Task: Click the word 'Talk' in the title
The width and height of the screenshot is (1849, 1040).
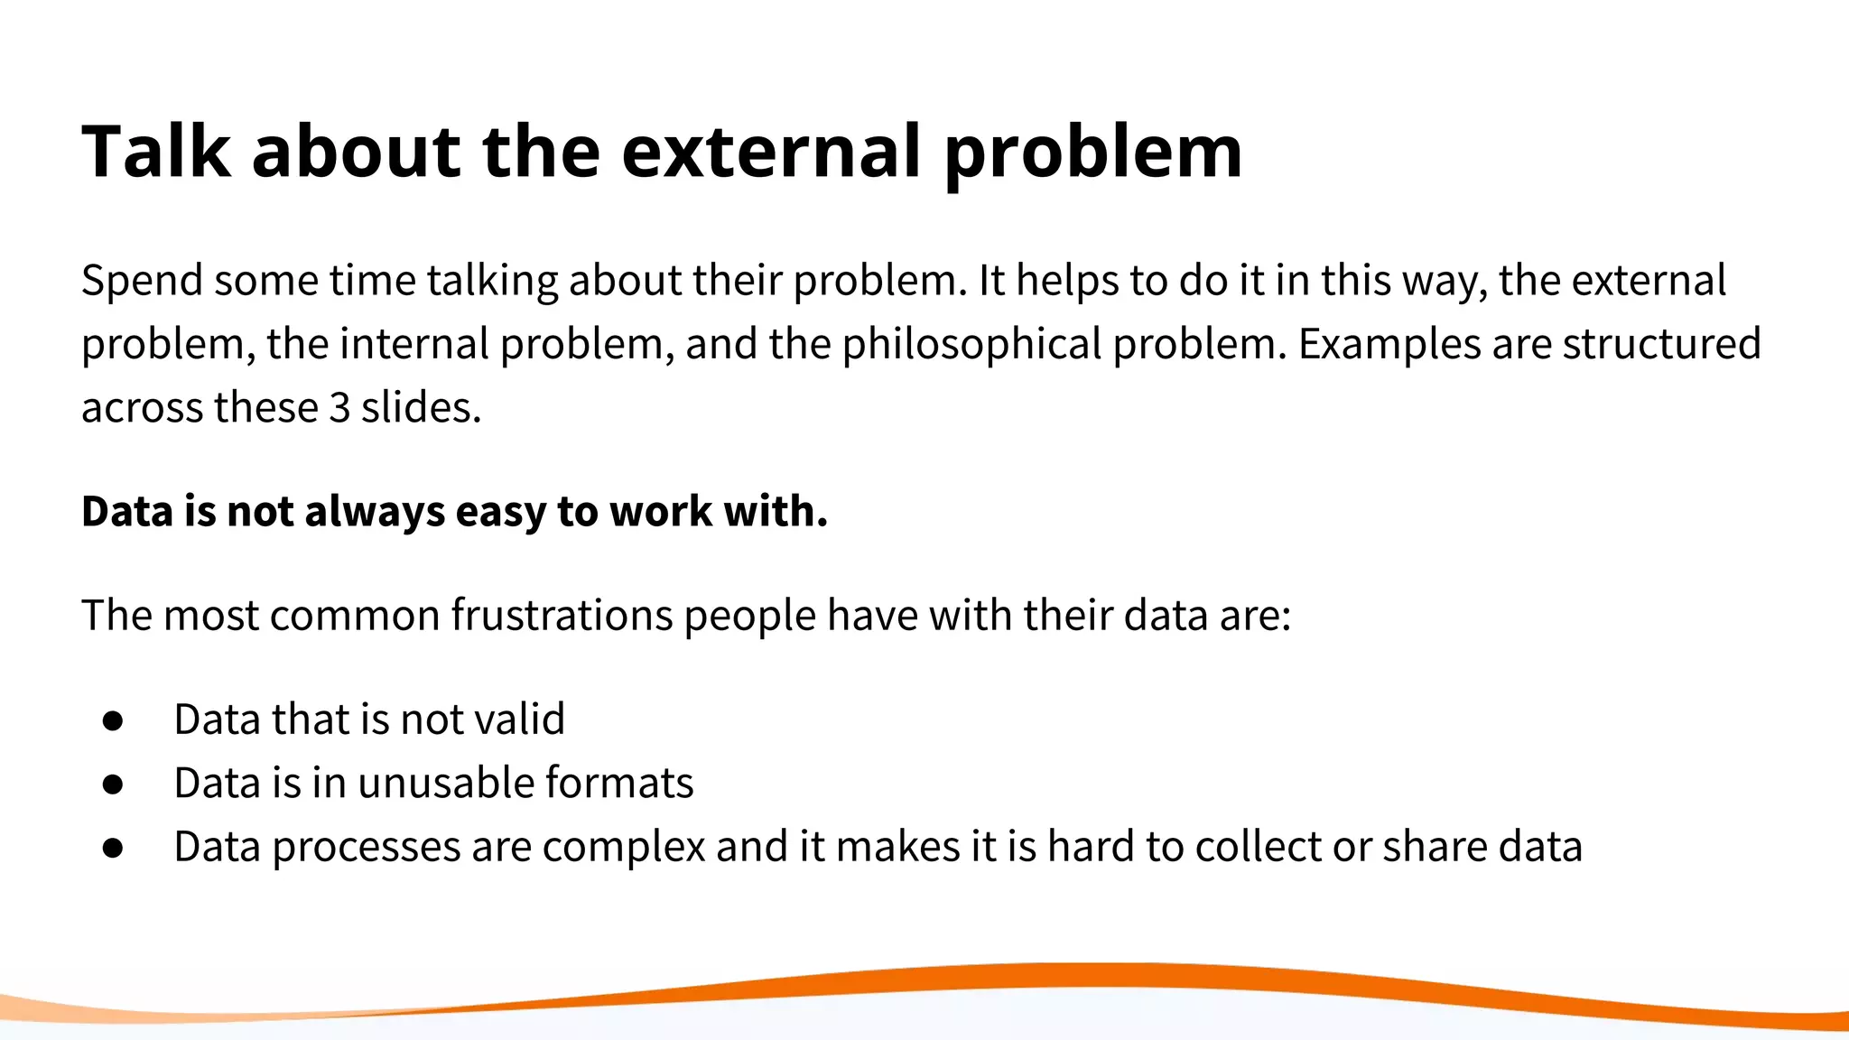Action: pos(155,152)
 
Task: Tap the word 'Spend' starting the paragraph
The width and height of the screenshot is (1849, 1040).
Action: pos(142,281)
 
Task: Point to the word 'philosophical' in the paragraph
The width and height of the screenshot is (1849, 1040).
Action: pos(971,345)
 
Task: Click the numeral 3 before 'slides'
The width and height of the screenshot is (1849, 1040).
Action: pos(339,408)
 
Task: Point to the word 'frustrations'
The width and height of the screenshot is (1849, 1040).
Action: pos(562,616)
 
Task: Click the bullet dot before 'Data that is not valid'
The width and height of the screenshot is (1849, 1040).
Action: pos(113,720)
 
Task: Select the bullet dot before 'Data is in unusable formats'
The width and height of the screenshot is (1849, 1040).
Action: pos(113,784)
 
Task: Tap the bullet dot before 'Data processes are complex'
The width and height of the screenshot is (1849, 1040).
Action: pos(113,848)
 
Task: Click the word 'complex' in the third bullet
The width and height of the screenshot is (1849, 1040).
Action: pos(624,848)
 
